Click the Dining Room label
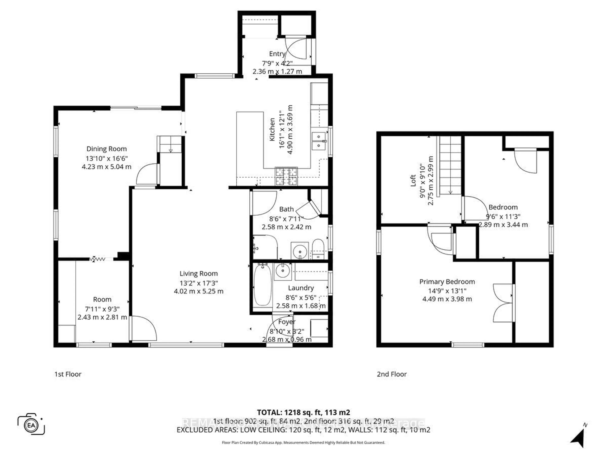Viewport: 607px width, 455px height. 107,149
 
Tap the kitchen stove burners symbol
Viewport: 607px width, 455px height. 286,176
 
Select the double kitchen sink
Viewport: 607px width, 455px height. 319,141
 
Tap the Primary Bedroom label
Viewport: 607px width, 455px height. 447,282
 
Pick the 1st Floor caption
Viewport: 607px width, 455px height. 68,374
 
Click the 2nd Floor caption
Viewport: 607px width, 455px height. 392,374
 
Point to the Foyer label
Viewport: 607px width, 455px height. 287,322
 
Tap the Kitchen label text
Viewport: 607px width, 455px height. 272,129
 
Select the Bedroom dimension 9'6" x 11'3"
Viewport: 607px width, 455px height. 503,217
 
